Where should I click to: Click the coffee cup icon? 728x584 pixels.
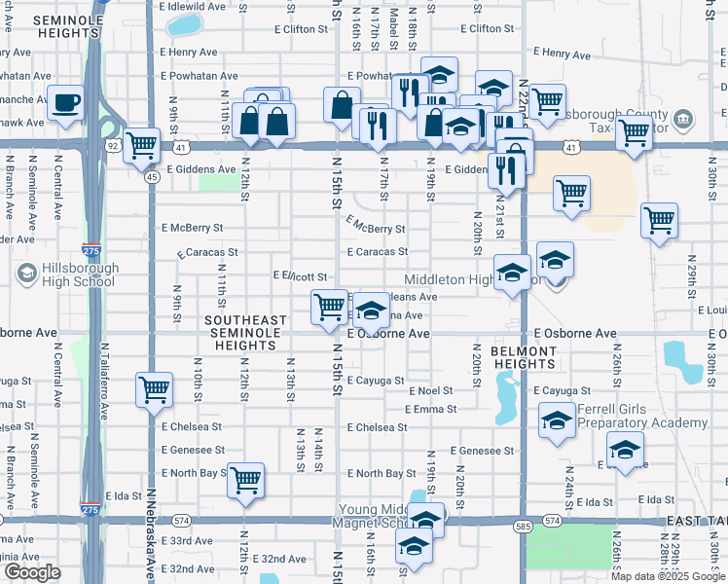(x=65, y=102)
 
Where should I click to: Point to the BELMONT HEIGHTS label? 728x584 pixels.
(x=524, y=356)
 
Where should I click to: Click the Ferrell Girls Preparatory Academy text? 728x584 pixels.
(x=642, y=416)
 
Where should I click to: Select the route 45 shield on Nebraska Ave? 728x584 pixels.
(x=152, y=177)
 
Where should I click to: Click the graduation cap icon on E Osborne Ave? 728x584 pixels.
(x=370, y=310)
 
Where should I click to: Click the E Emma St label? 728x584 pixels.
(x=434, y=410)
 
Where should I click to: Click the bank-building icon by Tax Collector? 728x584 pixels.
(x=683, y=121)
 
